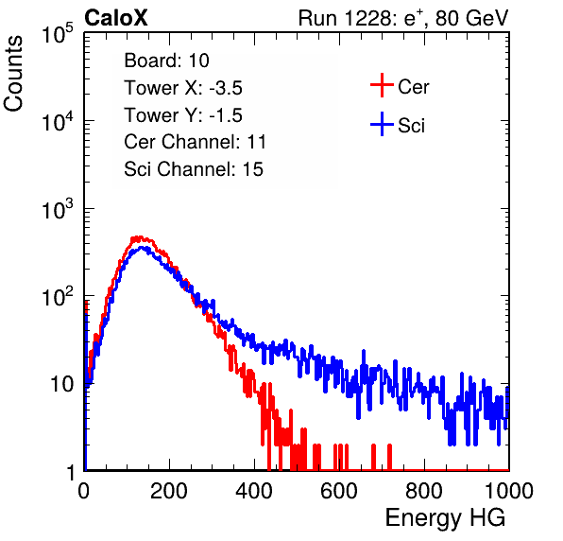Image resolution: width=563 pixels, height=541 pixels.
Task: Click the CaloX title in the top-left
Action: [x=116, y=18]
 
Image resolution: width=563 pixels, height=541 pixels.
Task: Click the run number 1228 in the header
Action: [x=368, y=18]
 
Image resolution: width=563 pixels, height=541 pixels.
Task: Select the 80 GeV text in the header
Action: [x=471, y=18]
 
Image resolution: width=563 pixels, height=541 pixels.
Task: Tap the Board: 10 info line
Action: [x=166, y=61]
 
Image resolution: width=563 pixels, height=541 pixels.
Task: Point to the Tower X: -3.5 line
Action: [x=183, y=88]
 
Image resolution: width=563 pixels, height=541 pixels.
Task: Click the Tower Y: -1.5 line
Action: [x=183, y=115]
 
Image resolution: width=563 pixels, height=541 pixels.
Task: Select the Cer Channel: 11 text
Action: [x=195, y=142]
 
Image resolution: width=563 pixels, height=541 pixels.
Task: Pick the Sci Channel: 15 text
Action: [x=194, y=169]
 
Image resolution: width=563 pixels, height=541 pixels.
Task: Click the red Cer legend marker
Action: [x=382, y=85]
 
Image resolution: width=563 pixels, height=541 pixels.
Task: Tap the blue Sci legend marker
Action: [x=382, y=124]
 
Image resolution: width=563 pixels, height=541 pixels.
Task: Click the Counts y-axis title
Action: [x=13, y=74]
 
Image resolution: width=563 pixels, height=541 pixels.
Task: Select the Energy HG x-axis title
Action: [x=445, y=518]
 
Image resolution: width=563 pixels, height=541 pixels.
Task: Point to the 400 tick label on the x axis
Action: [x=254, y=491]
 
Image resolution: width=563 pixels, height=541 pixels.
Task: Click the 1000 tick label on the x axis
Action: [x=509, y=491]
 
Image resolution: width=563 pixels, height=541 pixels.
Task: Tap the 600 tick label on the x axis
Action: [x=339, y=491]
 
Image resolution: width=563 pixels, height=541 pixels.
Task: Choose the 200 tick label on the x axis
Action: [x=169, y=491]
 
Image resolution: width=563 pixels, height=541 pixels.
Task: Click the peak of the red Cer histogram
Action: [x=139, y=237]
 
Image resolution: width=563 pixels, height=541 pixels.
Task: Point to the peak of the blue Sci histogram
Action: [x=142, y=248]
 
